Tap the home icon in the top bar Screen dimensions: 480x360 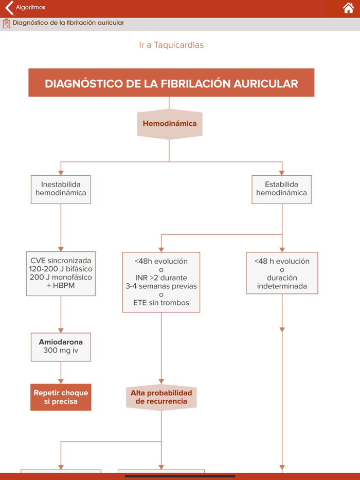click(348, 8)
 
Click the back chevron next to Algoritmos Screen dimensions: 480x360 click(9, 8)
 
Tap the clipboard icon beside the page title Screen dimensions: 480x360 click(6, 23)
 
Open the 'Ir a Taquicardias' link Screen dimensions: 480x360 click(171, 45)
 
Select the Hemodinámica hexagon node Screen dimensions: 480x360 click(169, 124)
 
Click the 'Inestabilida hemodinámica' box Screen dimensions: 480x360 click(61, 189)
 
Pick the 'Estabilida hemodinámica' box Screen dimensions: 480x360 click(281, 189)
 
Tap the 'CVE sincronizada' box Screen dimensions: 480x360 click(61, 273)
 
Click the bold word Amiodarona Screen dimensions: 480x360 click(61, 342)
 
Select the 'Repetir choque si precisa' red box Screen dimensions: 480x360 click(61, 397)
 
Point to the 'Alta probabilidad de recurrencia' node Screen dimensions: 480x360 click(161, 397)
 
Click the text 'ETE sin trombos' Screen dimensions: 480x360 click(161, 303)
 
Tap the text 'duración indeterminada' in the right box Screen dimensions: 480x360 click(282, 282)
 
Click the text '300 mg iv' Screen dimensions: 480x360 click(61, 352)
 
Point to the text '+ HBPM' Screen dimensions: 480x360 click(61, 286)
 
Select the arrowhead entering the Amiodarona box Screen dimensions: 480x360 click(61, 330)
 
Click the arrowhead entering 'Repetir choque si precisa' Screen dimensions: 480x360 click(61, 381)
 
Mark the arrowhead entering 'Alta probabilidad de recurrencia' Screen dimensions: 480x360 click(161, 381)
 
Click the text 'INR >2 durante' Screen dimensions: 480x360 click(161, 278)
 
